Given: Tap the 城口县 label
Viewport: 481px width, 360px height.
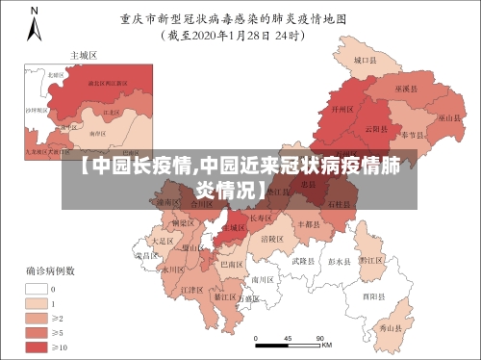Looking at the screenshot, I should point(363,60).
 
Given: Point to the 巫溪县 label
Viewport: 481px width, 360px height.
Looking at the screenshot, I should point(406,89).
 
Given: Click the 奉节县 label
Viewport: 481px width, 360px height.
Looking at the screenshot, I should point(414,134).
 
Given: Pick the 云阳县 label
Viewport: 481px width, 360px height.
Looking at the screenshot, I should point(376,128).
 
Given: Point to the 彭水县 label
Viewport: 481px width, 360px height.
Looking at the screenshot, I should point(339,260).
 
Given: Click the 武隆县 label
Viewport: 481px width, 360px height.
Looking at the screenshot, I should point(302,261).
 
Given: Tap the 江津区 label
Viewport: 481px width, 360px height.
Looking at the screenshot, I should point(191,289).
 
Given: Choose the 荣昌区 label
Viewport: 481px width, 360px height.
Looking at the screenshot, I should point(145,256).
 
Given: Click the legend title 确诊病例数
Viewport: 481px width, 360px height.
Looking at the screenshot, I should point(45,270).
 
